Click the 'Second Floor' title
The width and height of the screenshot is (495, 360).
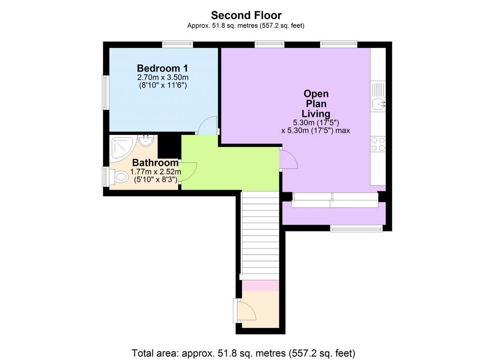[x=246, y=15]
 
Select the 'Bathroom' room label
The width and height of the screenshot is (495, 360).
[x=155, y=163]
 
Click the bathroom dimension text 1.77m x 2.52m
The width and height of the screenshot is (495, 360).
[x=155, y=172]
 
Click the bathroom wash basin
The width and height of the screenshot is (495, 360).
[x=146, y=141]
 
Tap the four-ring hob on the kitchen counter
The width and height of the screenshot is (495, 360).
[x=378, y=144]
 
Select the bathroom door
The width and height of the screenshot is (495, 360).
[x=189, y=171]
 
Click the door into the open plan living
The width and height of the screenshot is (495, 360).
[x=288, y=159]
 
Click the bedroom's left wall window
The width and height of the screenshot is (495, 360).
[x=104, y=92]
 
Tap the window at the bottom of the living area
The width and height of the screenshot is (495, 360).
[x=356, y=228]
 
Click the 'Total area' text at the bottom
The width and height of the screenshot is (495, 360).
[x=244, y=352]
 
